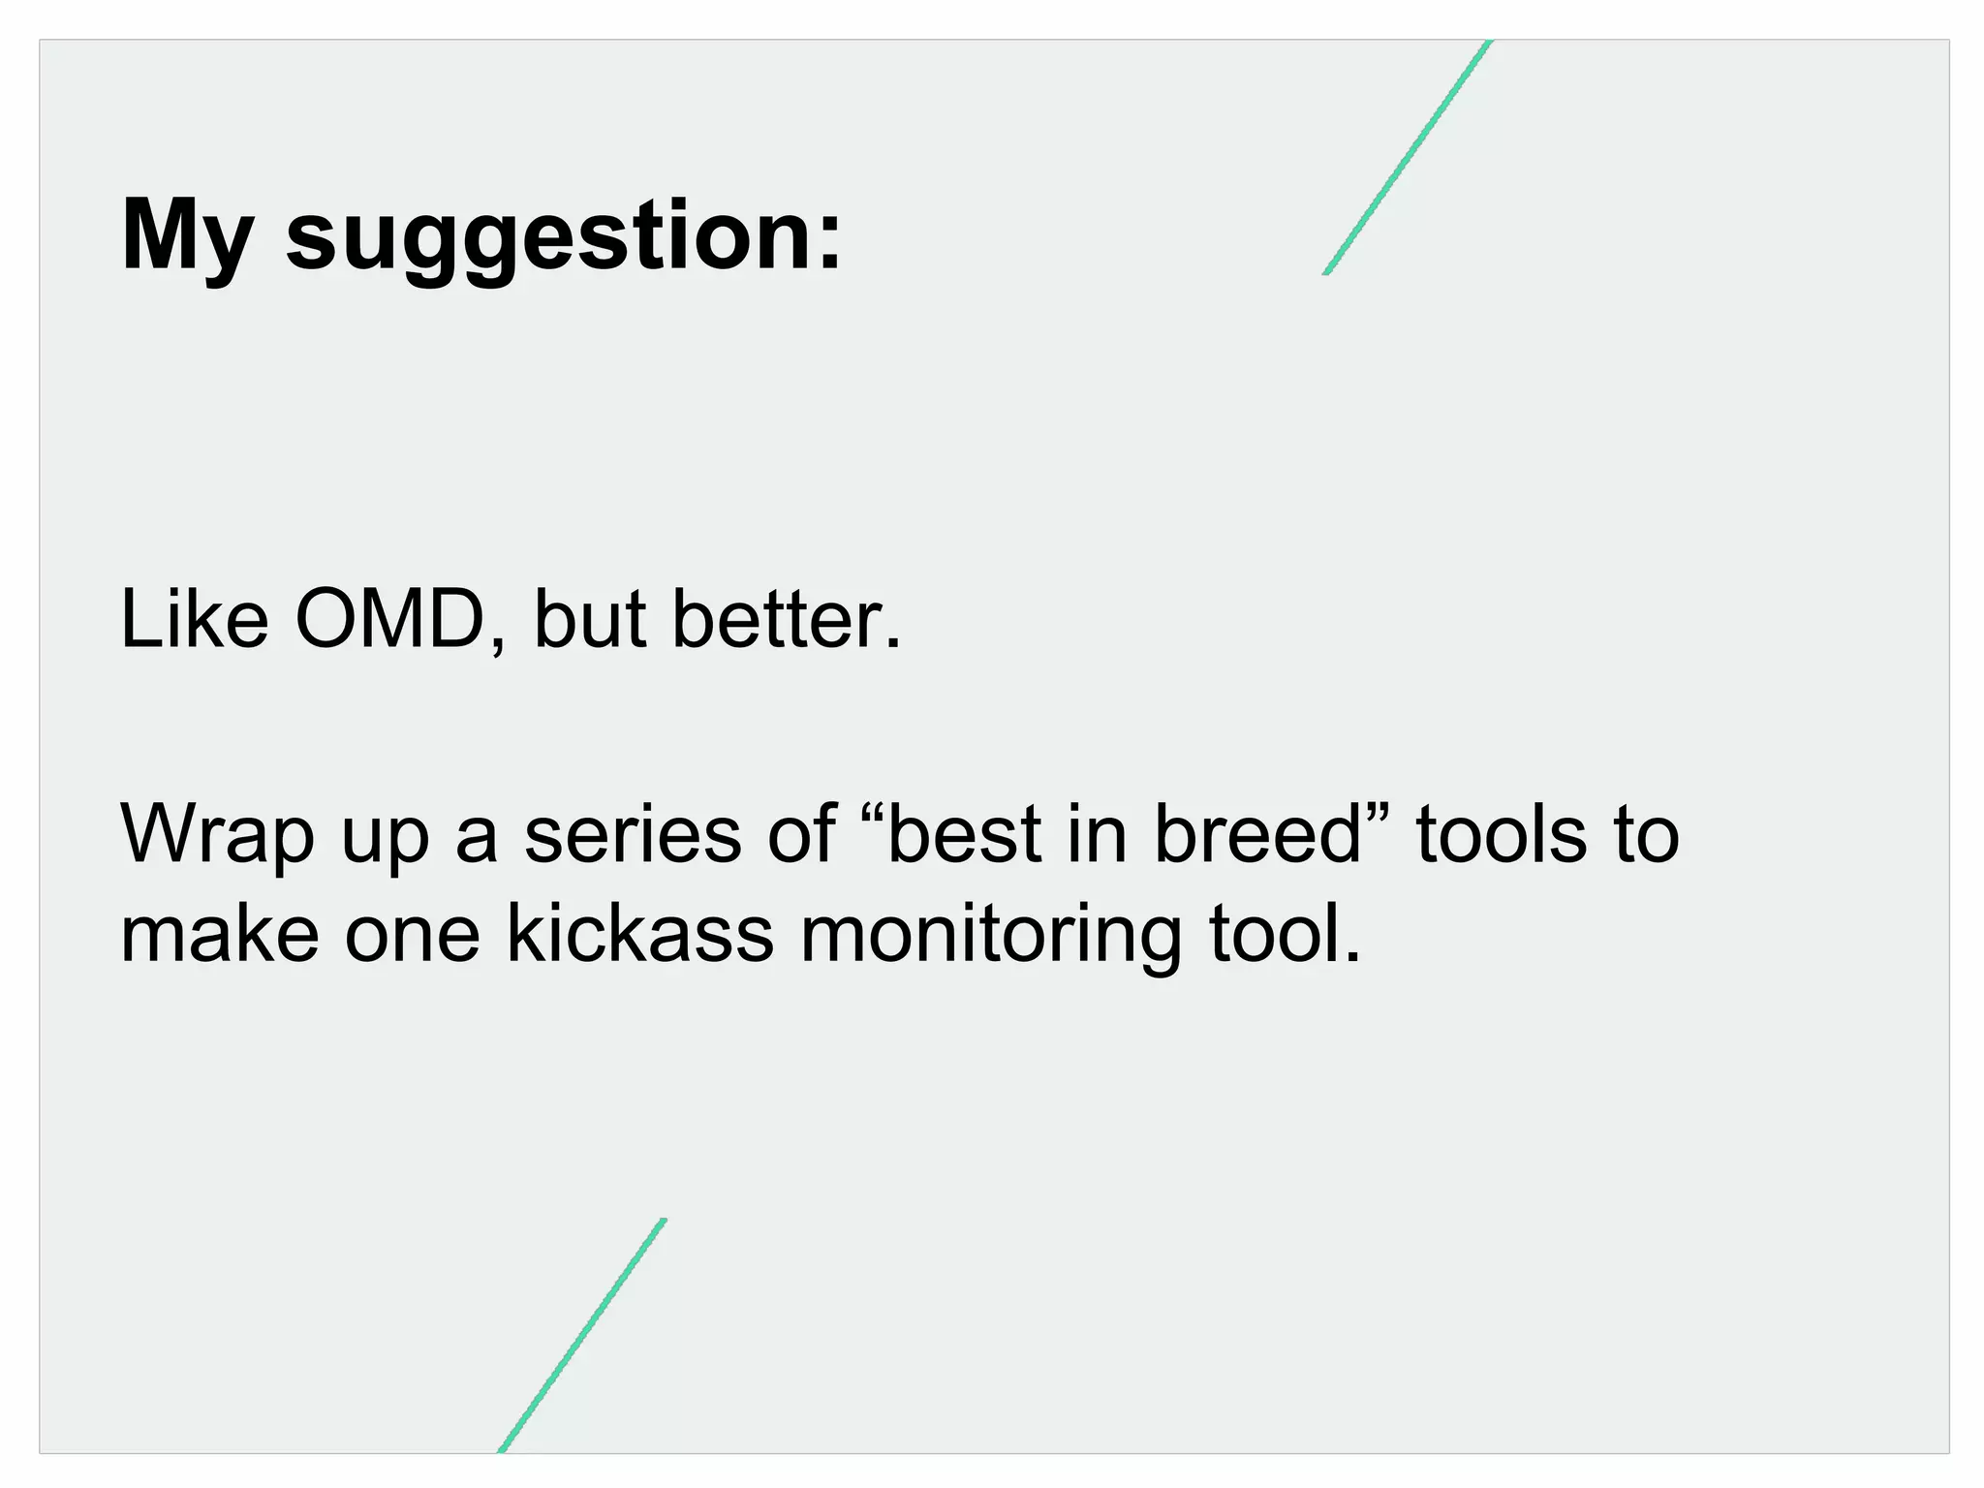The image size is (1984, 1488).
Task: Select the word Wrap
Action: (x=217, y=835)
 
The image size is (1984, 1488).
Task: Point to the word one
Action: (x=413, y=938)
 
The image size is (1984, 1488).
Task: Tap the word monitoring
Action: (x=990, y=938)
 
